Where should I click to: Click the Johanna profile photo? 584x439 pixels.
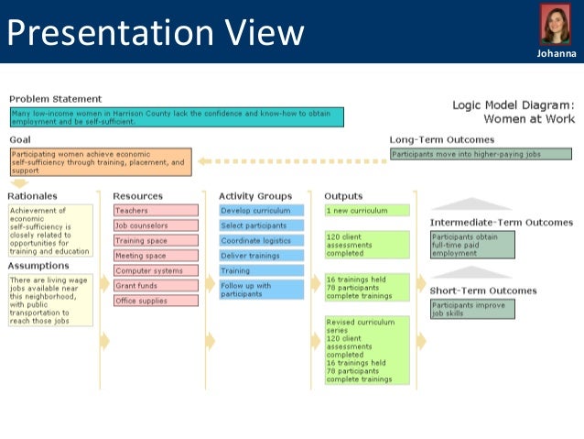click(x=556, y=26)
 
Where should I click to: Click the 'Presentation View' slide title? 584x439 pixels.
click(x=155, y=32)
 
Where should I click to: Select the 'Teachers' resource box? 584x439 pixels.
click(x=156, y=210)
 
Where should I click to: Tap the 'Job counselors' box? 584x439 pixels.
click(x=156, y=225)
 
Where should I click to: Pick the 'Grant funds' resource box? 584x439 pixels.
click(x=156, y=286)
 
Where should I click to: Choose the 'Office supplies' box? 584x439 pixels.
click(x=156, y=301)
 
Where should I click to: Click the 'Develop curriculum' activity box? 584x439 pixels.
click(x=261, y=210)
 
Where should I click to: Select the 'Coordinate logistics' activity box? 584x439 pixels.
click(x=261, y=240)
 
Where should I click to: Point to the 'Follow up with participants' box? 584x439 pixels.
click(x=261, y=290)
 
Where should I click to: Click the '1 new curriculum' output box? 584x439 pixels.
click(x=367, y=210)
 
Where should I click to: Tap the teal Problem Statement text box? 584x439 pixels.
click(x=177, y=117)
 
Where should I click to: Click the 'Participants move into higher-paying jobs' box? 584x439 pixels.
click(x=481, y=154)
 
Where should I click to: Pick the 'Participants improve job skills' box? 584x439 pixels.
click(x=472, y=309)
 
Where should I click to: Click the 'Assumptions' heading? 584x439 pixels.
click(x=38, y=266)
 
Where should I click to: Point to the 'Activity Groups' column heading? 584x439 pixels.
click(x=255, y=195)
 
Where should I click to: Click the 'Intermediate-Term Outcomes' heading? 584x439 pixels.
click(x=501, y=222)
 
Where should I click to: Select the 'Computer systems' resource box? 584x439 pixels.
click(x=156, y=270)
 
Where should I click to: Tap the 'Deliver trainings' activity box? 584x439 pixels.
click(x=261, y=256)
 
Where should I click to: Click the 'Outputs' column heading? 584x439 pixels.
click(x=343, y=195)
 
